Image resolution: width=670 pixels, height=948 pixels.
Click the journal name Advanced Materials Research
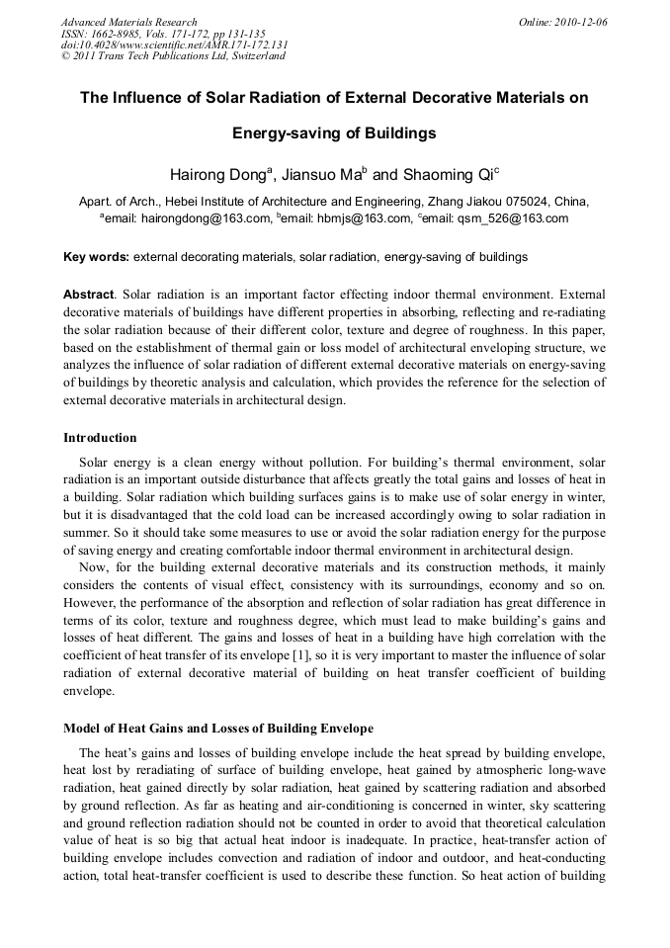coord(128,22)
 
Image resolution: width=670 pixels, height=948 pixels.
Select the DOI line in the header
coord(174,45)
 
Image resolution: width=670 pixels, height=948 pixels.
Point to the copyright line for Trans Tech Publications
coord(174,56)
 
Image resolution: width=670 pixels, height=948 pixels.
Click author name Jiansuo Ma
coord(320,176)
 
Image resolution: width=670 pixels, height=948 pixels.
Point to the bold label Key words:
coord(96,257)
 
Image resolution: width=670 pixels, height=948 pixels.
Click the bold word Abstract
coord(88,295)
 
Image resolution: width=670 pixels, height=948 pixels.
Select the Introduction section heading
coord(100,438)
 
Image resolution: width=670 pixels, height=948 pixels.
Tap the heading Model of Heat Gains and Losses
coord(218,729)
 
